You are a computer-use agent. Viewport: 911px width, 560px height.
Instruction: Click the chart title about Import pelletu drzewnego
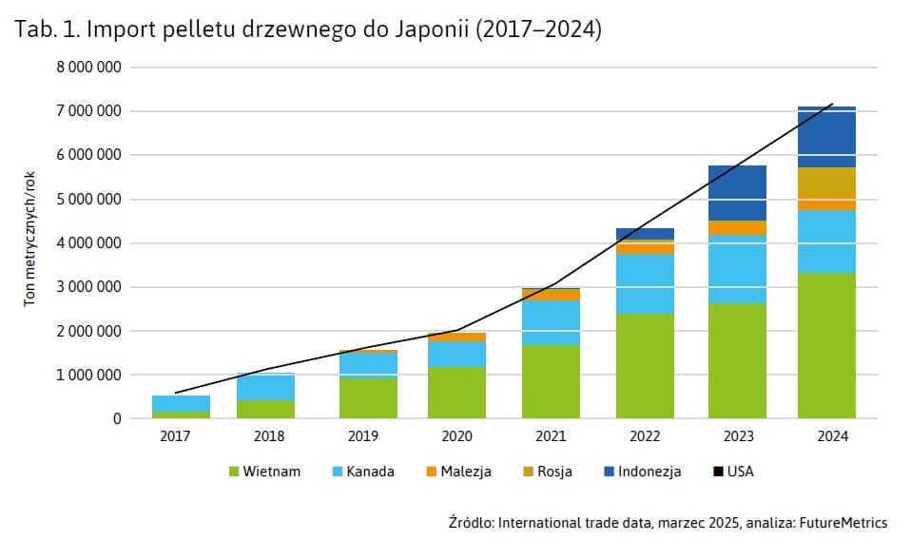[x=308, y=30]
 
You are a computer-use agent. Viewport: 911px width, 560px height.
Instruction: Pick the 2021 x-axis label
[x=551, y=436]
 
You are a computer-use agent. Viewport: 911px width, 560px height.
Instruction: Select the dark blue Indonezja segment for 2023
[x=738, y=193]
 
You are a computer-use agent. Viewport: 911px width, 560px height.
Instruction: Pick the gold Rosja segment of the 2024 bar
[x=826, y=183]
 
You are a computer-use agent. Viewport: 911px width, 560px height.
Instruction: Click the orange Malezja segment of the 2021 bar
[x=551, y=295]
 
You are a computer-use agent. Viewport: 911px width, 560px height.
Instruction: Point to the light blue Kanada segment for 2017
[x=181, y=403]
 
